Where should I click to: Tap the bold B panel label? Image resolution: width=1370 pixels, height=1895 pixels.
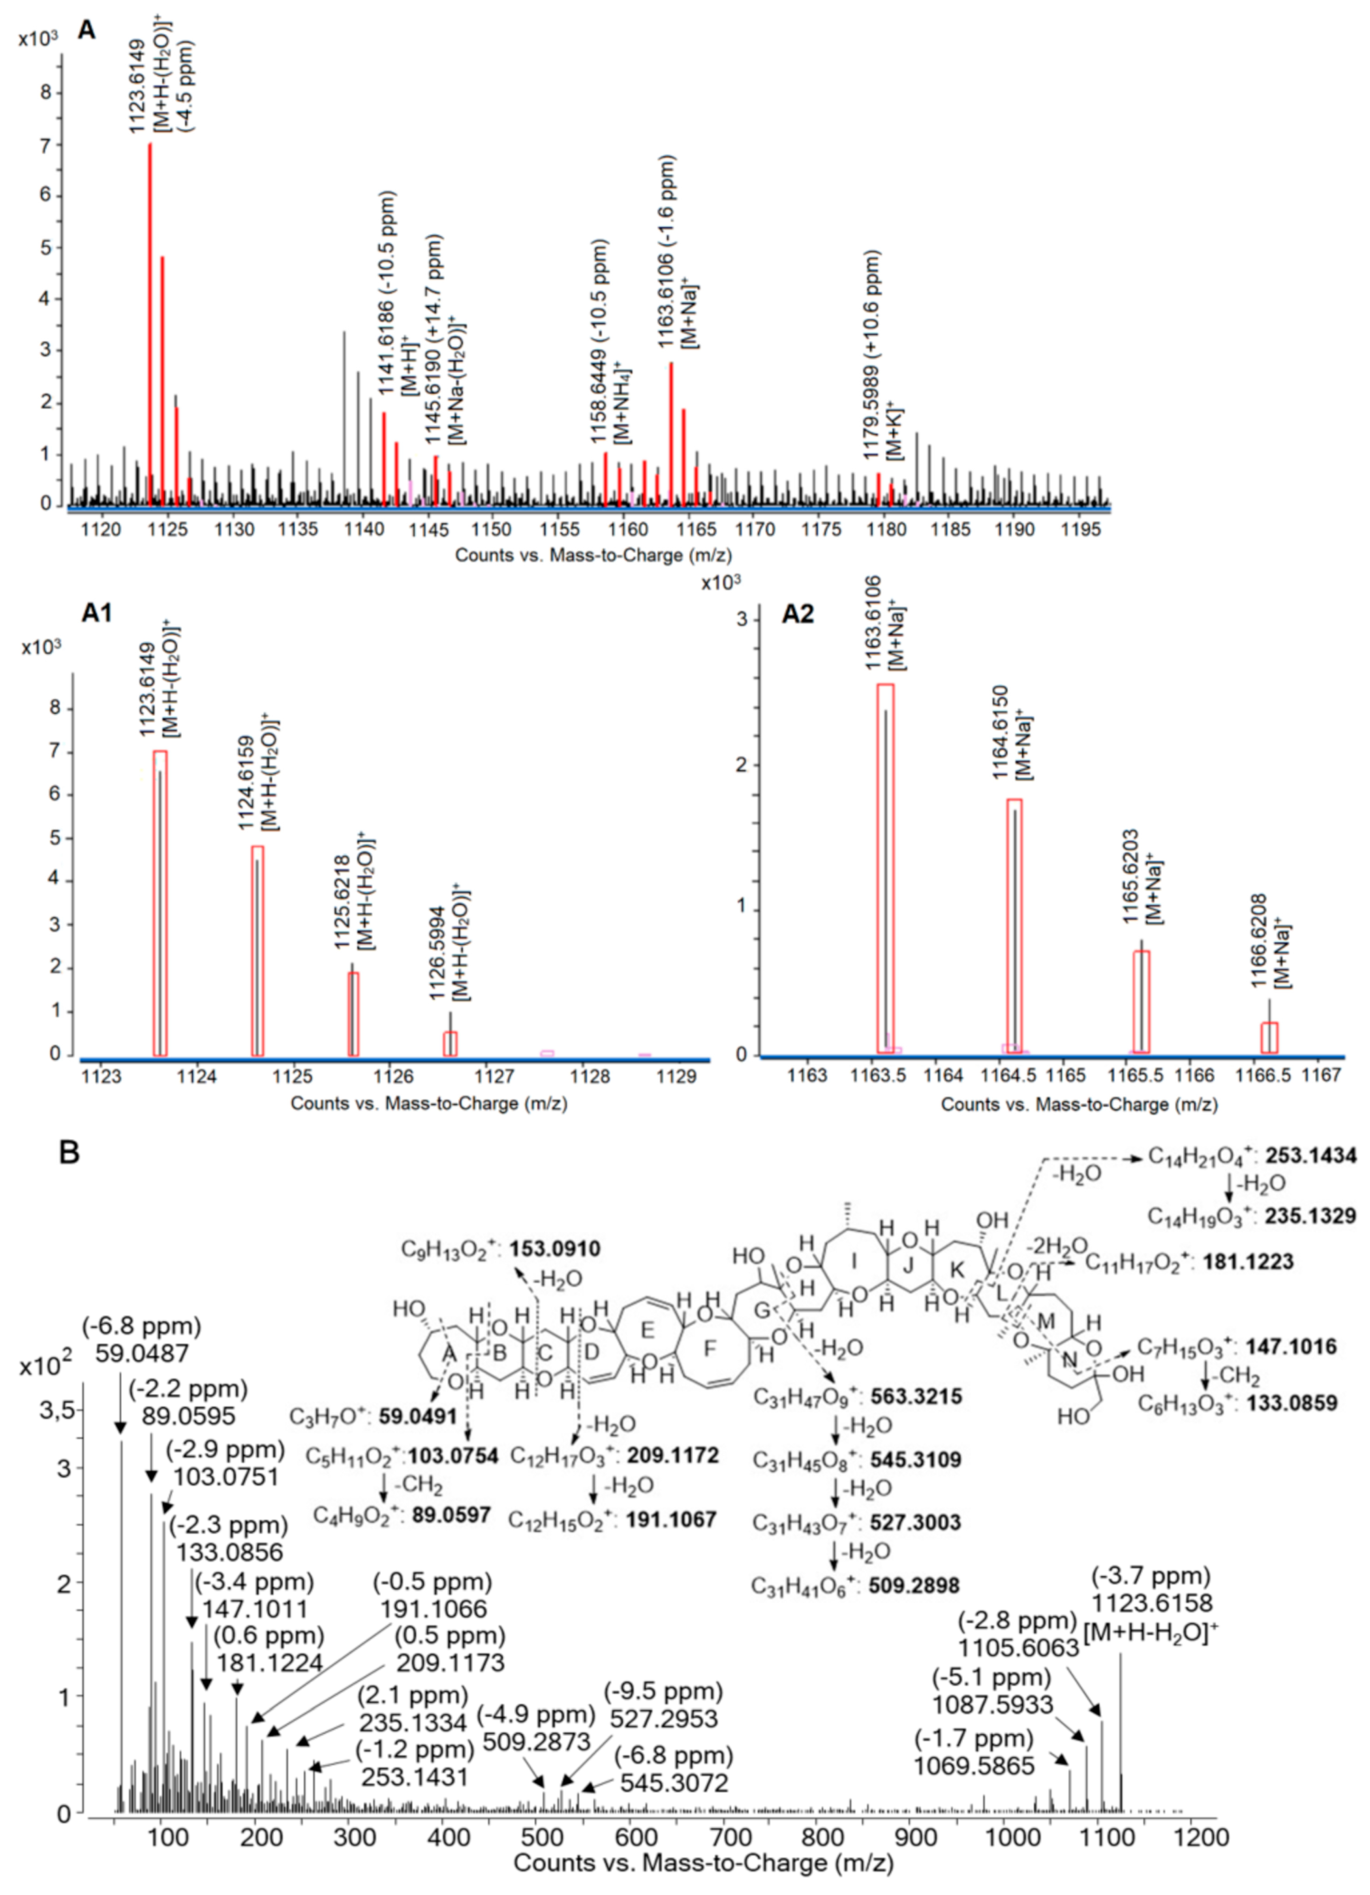69,1153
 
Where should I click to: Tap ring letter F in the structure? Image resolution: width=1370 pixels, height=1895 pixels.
709,1348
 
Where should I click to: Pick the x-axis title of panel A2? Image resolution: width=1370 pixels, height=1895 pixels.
1078,1105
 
